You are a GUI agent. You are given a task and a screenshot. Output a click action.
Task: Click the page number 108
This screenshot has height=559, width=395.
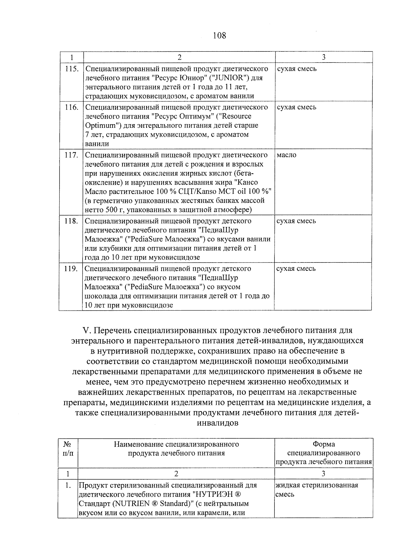click(220, 35)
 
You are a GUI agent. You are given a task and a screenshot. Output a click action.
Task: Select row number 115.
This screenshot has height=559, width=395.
click(71, 69)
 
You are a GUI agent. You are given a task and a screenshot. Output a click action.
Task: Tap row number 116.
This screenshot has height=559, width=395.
click(71, 107)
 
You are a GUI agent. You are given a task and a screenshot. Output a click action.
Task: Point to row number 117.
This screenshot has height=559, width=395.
click(71, 155)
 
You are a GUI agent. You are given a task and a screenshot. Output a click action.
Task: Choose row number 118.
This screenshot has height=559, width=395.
click(71, 221)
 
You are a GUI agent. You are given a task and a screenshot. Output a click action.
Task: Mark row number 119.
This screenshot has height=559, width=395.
click(71, 268)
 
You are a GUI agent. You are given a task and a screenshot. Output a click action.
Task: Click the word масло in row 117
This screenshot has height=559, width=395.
click(286, 155)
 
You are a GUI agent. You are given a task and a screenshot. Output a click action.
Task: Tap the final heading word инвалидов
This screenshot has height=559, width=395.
click(217, 423)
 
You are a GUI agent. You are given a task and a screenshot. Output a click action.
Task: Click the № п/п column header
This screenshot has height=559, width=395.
click(68, 448)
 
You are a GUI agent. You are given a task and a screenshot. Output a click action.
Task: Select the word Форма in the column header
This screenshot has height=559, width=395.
click(324, 444)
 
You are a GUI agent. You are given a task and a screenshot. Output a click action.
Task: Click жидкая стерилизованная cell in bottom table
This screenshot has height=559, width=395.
click(316, 485)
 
